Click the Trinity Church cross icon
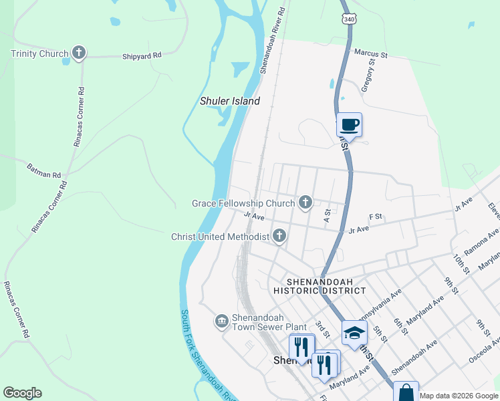point(79,53)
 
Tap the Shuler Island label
point(230,102)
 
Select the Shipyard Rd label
point(142,57)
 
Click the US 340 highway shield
point(348,19)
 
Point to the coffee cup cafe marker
point(349,124)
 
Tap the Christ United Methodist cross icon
point(279,235)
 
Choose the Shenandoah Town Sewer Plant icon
point(221,321)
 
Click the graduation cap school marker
point(354,332)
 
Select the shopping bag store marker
point(406,392)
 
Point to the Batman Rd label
point(43,170)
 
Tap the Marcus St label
point(371,52)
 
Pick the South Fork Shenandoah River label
point(207,354)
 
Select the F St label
point(375,217)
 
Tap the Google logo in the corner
point(22,393)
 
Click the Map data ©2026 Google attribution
point(459,396)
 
